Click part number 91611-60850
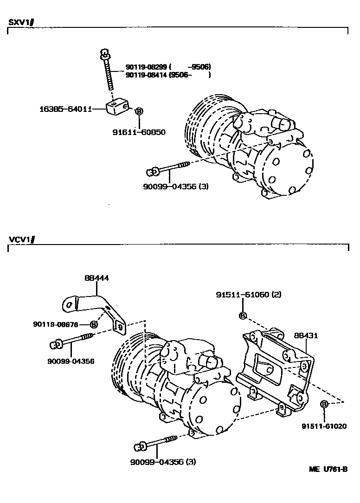pyautogui.click(x=139, y=132)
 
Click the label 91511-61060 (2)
pyautogui.click(x=249, y=295)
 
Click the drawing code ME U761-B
pyautogui.click(x=328, y=469)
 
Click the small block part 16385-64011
pyautogui.click(x=118, y=109)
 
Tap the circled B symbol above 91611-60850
pyautogui.click(x=138, y=111)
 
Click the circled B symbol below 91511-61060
pyautogui.click(x=242, y=316)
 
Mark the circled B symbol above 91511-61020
pyautogui.click(x=324, y=405)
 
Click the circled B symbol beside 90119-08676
pyautogui.click(x=94, y=324)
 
